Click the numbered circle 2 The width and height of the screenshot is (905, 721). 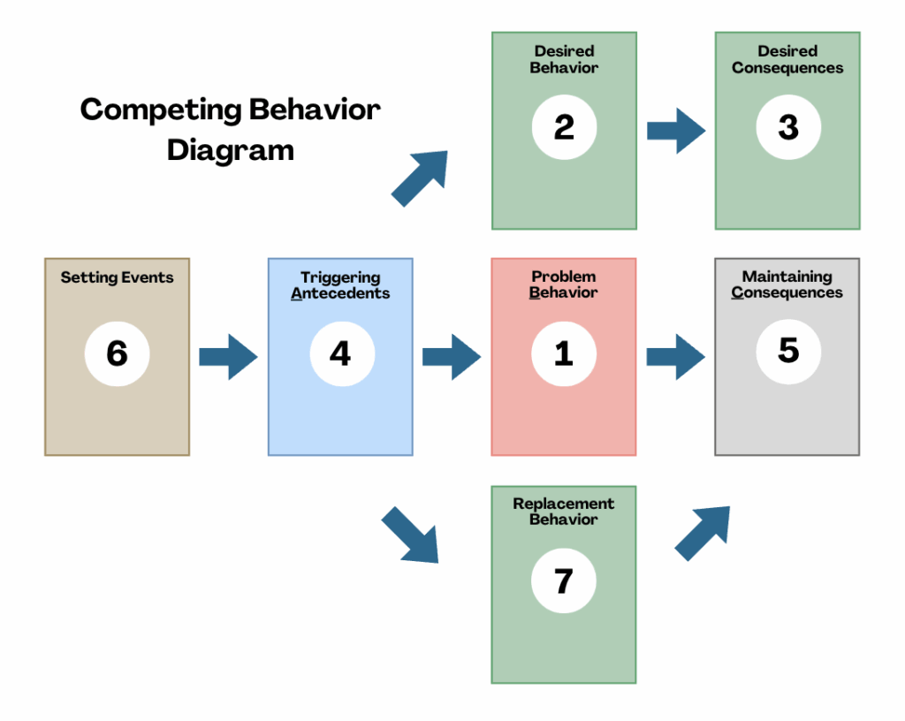pos(564,127)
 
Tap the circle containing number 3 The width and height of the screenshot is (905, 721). pos(788,127)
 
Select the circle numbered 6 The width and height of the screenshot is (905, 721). pos(118,353)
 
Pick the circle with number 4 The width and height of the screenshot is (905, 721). pos(342,353)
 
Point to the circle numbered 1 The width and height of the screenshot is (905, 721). pos(564,353)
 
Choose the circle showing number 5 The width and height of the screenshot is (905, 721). pos(788,352)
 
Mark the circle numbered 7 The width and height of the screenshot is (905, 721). pos(563,581)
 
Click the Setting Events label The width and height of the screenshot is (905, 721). pos(118,277)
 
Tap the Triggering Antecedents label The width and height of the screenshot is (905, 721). pos(340,285)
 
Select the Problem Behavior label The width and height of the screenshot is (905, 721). pos(563,285)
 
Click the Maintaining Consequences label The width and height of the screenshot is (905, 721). pos(787,285)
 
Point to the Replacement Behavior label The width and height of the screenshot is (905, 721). pos(563,512)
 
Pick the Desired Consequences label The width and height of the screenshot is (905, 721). pos(787,59)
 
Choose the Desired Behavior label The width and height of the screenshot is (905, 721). pos(564,59)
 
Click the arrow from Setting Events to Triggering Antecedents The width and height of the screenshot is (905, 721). pos(228,356)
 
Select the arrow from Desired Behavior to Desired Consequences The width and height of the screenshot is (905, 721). pos(676,131)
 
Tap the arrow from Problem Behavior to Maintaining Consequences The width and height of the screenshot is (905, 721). pos(675,356)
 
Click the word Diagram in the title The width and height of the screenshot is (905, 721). pos(231,151)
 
